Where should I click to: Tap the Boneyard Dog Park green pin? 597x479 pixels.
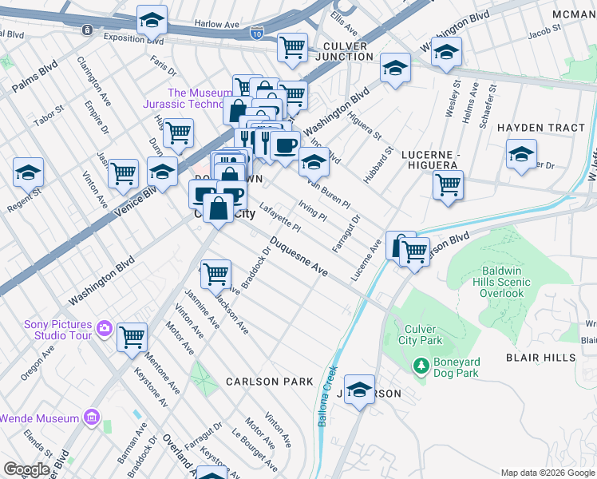pos(420,366)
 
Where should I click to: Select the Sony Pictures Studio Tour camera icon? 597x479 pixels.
pos(104,328)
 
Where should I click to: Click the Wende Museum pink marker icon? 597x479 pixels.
pos(92,418)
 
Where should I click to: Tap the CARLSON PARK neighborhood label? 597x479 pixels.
pos(269,382)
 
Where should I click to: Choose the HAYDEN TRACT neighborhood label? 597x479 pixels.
pos(541,128)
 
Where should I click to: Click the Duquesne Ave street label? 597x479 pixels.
pos(298,256)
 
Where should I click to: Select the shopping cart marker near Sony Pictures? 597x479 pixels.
pos(132,336)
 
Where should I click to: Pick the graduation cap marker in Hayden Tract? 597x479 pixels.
pos(521,153)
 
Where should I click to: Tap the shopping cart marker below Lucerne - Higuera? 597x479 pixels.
pos(448,184)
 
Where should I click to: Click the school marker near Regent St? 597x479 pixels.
pos(28,171)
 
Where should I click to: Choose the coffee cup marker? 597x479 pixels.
pos(284,145)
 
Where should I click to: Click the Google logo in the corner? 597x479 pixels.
pos(26,469)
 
